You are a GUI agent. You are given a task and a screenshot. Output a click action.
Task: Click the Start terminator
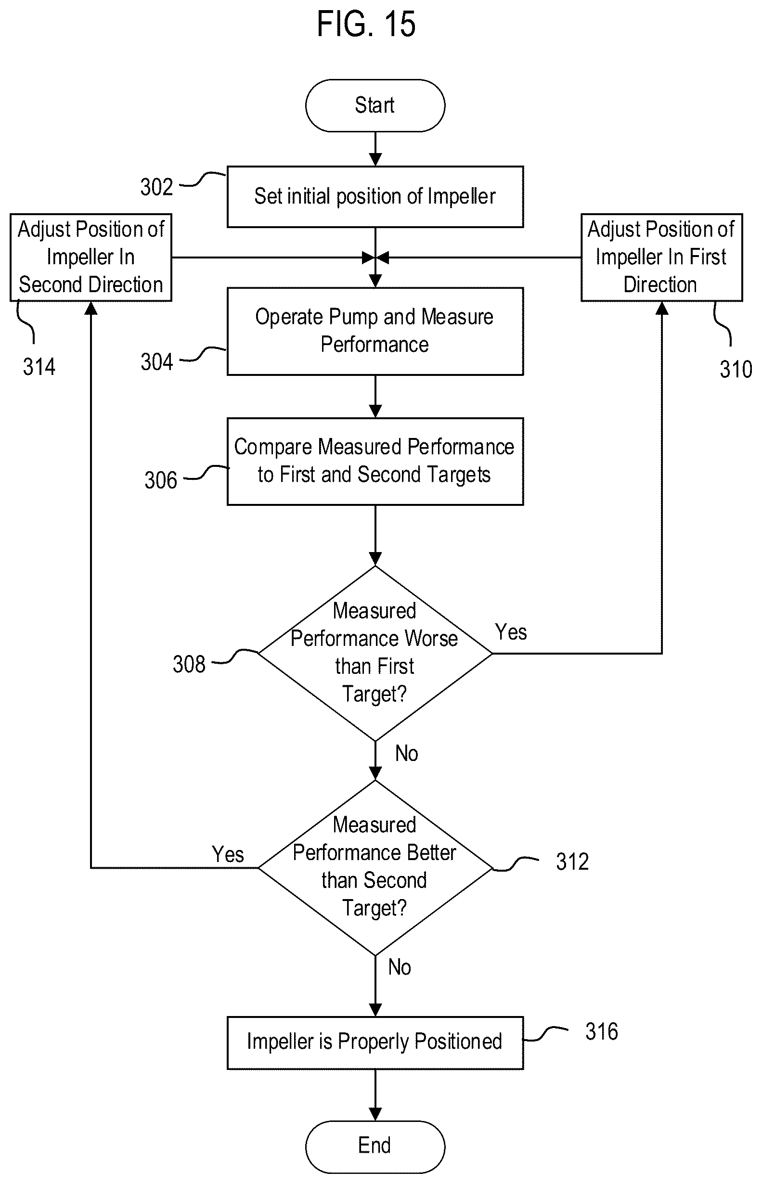tap(375, 105)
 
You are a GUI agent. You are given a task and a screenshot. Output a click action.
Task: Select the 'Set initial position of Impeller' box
tap(375, 196)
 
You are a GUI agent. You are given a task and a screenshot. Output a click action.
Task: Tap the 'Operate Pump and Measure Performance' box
tap(375, 331)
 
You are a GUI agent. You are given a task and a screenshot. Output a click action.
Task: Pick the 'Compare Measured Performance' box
tap(375, 461)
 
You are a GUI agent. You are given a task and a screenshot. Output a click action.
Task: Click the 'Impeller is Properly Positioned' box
tap(375, 1042)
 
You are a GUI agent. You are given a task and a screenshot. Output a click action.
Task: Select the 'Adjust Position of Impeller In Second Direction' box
tap(91, 257)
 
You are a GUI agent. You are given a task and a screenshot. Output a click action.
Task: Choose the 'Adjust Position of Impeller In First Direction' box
tap(661, 257)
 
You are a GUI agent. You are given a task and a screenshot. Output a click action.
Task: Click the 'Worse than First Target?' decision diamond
tap(375, 653)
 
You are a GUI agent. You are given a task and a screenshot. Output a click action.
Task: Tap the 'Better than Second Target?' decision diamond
tap(375, 867)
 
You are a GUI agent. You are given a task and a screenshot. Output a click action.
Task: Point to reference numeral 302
tap(156, 187)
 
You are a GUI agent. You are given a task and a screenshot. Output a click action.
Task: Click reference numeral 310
tap(736, 369)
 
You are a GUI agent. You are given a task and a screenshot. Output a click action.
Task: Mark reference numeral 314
tap(39, 367)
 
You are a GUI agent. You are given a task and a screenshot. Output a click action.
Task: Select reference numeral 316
tap(602, 1031)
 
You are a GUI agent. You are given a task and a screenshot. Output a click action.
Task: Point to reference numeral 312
tap(572, 862)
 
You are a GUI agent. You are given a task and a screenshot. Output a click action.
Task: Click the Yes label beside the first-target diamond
tap(511, 632)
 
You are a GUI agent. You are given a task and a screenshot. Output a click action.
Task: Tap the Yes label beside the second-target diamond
tap(228, 854)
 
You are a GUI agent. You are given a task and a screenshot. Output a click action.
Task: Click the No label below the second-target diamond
tap(400, 967)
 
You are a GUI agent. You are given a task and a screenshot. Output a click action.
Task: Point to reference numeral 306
tap(161, 480)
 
